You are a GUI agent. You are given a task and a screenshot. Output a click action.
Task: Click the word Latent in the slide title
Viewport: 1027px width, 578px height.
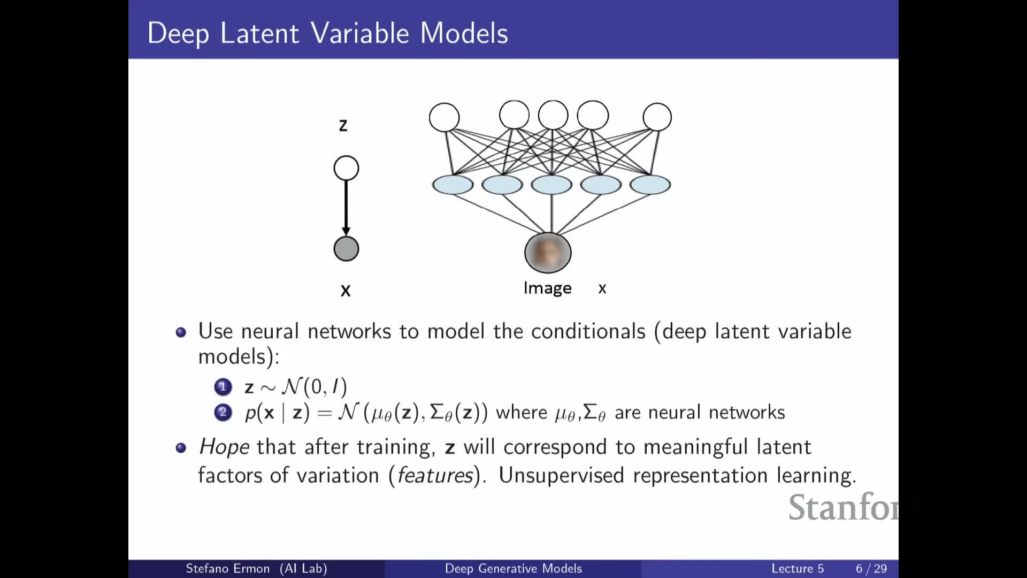tap(259, 33)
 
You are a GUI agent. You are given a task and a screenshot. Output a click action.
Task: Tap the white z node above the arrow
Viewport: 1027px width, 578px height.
tap(346, 168)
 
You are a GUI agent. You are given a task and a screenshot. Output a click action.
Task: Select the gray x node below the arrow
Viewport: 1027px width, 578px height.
tap(346, 249)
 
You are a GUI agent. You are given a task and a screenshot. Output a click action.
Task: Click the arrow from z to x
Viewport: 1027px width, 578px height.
tap(346, 208)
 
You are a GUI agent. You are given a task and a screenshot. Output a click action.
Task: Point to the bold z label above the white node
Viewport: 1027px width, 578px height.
tap(343, 125)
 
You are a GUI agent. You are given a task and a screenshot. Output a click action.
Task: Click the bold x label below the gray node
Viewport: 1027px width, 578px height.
tap(346, 291)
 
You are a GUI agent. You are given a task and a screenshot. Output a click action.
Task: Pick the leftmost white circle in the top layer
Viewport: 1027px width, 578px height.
tap(444, 117)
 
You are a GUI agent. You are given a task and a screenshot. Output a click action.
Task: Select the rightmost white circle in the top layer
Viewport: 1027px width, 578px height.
tap(657, 117)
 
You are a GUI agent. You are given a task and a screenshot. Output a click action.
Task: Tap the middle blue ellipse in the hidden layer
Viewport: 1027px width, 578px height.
tap(551, 185)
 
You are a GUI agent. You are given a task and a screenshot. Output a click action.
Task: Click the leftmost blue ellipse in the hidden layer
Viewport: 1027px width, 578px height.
tap(453, 185)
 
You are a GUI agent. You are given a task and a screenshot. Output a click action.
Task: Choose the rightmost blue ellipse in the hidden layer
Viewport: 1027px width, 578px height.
tap(650, 185)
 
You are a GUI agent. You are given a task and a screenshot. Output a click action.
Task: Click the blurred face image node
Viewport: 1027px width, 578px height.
tap(548, 253)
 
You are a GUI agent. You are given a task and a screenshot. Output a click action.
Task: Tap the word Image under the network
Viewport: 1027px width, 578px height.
tap(547, 288)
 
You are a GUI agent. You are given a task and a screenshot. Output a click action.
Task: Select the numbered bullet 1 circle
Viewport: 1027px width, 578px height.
tap(223, 386)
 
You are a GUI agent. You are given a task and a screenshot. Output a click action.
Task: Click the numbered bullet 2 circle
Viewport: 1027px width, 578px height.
tap(223, 412)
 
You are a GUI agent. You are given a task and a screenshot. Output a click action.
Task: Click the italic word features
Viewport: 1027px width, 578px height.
tap(435, 475)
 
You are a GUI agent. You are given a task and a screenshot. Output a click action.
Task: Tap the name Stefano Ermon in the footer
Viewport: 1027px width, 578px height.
tap(227, 568)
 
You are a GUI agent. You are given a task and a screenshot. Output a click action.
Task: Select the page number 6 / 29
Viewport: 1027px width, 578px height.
tap(871, 568)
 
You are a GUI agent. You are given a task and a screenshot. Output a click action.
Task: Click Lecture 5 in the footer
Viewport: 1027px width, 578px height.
tap(798, 568)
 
